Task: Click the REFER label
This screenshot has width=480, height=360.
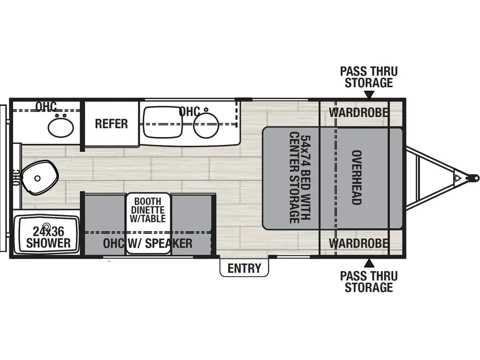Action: [111, 123]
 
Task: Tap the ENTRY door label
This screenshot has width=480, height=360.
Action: [244, 268]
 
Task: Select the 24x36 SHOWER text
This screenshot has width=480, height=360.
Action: [48, 237]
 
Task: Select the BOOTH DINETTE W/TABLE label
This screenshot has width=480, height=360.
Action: [148, 209]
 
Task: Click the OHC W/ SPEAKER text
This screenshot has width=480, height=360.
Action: [148, 243]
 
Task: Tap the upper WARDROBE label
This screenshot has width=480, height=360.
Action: [358, 112]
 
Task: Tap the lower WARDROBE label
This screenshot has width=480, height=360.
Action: [358, 243]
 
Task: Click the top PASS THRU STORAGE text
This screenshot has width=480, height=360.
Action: [369, 77]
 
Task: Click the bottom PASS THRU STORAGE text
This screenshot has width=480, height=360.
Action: [369, 281]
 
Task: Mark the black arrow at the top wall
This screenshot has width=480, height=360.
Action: [369, 95]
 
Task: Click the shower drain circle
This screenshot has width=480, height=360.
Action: [46, 226]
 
